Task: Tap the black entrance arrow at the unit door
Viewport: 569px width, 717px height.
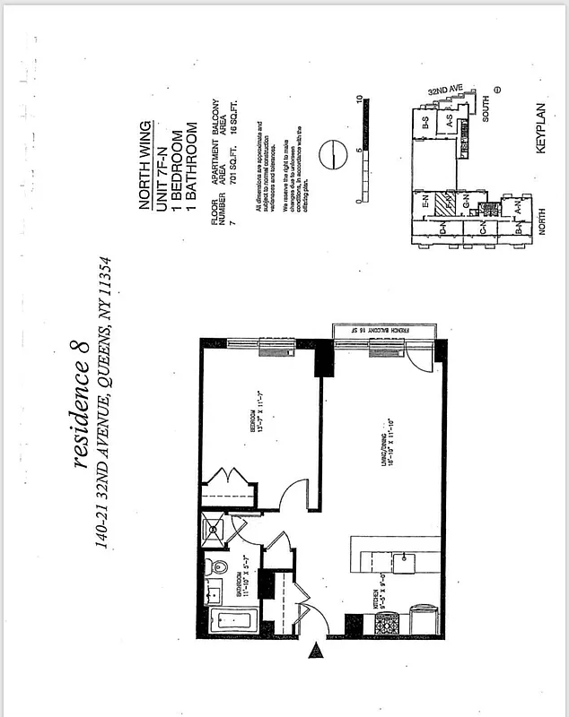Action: coord(317,652)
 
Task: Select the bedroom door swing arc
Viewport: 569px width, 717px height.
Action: coord(293,492)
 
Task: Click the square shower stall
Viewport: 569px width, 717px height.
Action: coord(215,528)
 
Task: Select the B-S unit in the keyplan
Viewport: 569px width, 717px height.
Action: coord(425,125)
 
